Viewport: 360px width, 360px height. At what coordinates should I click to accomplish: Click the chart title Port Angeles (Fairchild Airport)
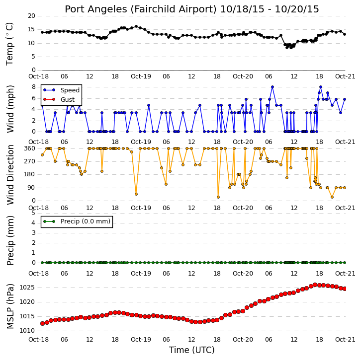click(141, 9)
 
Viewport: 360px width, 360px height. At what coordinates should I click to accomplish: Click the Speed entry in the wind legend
click(70, 90)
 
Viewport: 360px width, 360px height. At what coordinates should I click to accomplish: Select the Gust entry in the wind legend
click(68, 100)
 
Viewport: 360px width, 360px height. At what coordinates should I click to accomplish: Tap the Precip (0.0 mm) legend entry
click(86, 221)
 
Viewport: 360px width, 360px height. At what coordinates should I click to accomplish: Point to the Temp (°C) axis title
click(9, 44)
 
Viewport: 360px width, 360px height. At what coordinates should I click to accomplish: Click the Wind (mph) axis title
click(10, 109)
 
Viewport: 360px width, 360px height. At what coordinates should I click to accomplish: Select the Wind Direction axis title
click(10, 175)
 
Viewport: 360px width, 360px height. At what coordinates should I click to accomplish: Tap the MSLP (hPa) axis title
click(10, 306)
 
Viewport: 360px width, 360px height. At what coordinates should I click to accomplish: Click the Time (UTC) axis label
click(192, 350)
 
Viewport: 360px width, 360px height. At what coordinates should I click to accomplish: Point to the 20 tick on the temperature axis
click(31, 16)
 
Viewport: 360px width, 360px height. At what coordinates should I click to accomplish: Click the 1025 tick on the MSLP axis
click(27, 288)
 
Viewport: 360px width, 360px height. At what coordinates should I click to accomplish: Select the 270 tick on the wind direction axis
click(30, 161)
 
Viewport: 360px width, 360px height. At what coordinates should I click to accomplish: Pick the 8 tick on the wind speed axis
click(33, 87)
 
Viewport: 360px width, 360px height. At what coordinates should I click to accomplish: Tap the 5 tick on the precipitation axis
click(33, 213)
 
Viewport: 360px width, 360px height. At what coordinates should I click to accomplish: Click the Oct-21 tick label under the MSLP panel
click(345, 339)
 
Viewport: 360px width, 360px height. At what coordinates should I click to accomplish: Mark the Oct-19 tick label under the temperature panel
click(141, 76)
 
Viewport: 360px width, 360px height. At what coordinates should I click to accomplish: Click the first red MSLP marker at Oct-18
click(42, 323)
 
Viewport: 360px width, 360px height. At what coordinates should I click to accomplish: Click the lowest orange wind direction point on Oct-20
click(332, 197)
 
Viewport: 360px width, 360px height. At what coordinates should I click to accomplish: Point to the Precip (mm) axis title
click(10, 241)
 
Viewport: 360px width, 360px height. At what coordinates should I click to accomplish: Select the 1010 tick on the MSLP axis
click(27, 331)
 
